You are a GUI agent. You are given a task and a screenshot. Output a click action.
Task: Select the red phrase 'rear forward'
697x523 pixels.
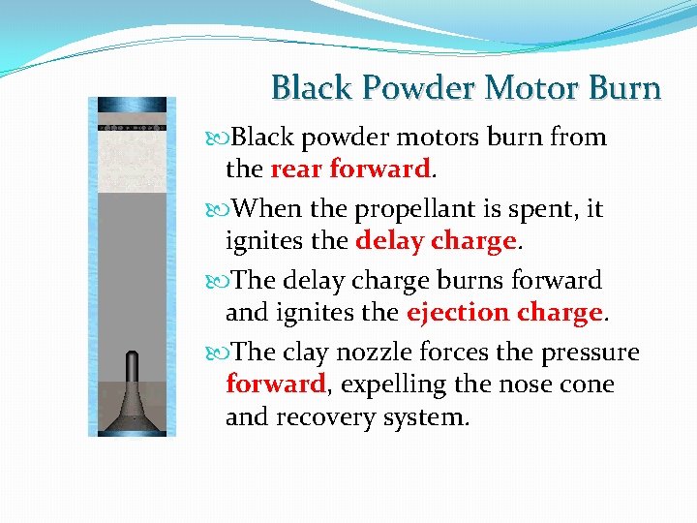point(349,169)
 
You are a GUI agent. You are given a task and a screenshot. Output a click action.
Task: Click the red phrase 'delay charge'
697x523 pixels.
point(435,241)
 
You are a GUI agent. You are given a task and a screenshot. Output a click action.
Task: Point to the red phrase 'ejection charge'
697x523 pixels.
point(504,313)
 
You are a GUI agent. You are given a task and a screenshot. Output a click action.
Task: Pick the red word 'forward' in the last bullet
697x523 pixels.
point(275,385)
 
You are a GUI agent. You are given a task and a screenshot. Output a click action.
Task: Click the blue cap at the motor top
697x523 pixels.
point(133,106)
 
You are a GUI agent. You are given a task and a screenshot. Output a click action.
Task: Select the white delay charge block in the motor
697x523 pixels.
point(133,155)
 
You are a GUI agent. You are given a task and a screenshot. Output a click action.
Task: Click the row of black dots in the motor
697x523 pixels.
point(133,128)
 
